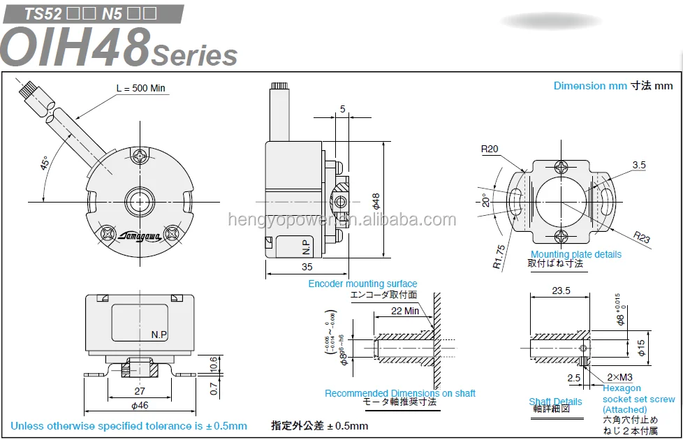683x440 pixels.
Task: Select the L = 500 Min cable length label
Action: tap(140, 88)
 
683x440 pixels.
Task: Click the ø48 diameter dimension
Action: tap(375, 200)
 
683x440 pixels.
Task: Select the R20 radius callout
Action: tap(490, 149)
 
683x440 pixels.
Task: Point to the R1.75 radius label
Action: tap(497, 256)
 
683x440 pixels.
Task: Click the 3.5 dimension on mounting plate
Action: tap(638, 165)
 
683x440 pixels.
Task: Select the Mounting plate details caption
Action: tap(575, 254)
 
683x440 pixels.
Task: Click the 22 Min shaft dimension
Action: tap(405, 311)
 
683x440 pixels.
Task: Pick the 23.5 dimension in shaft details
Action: tap(561, 291)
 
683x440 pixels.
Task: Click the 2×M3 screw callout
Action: tap(621, 377)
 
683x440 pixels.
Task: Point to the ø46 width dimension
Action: tap(140, 404)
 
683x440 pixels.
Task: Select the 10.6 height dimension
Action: tap(213, 362)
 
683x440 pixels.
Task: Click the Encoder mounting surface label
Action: tap(362, 284)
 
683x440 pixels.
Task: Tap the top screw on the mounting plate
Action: tap(563, 167)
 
